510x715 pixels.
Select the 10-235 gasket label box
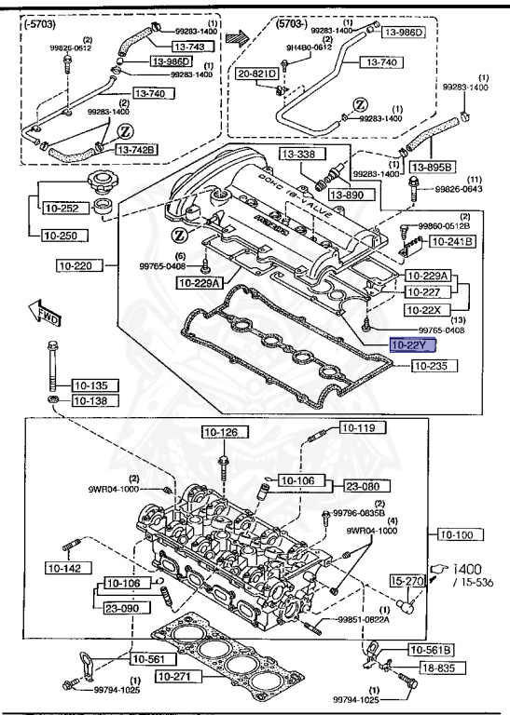coord(412,366)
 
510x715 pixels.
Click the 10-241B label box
coord(451,242)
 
